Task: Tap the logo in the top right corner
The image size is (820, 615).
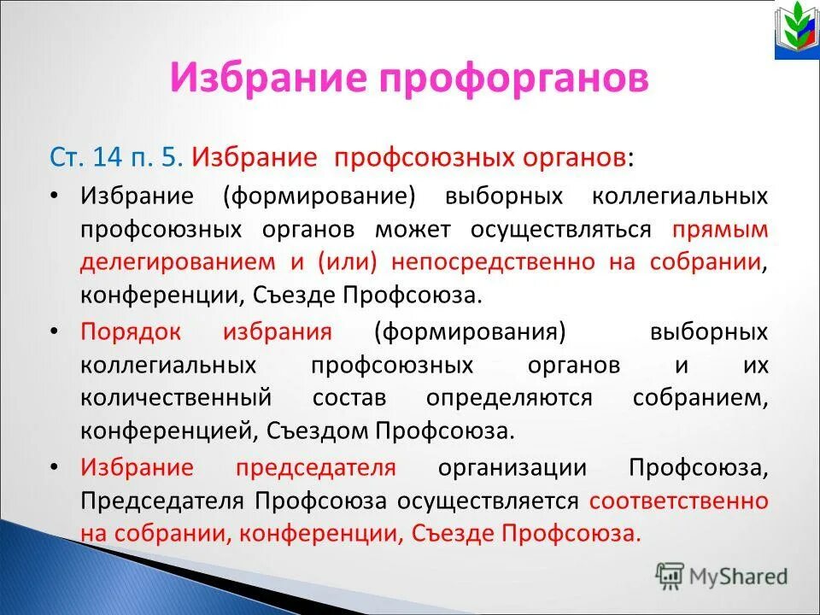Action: click(x=796, y=31)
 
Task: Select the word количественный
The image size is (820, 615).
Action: click(x=177, y=398)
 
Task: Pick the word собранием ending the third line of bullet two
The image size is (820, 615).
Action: click(x=700, y=398)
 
